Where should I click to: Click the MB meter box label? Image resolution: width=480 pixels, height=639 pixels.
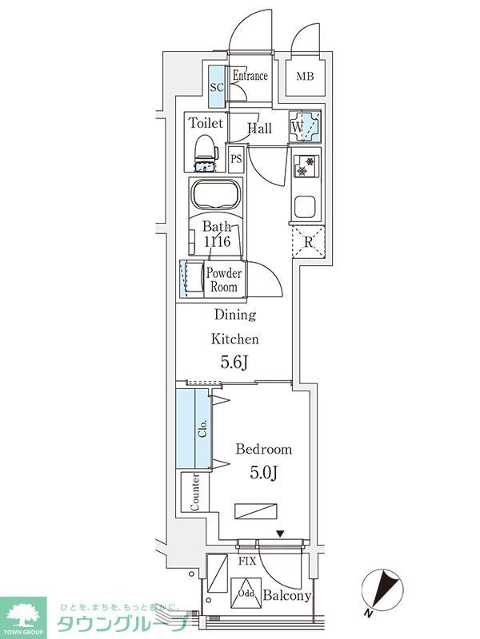point(305,76)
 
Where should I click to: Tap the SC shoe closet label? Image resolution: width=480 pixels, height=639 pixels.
point(217,87)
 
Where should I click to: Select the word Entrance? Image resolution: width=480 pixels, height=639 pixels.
point(250,75)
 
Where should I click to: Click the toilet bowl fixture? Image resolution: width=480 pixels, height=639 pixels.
point(206,153)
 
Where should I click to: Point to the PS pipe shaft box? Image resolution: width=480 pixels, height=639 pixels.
point(236,158)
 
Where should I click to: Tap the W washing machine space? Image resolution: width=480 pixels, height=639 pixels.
point(305,126)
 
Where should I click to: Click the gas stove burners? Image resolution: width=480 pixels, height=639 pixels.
point(306,166)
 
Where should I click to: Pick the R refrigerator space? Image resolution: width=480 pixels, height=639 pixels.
point(309,242)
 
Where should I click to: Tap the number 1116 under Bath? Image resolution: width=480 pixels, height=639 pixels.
point(217,241)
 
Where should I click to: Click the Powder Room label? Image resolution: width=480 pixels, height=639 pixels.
point(224,280)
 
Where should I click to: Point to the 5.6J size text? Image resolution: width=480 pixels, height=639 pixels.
point(234,362)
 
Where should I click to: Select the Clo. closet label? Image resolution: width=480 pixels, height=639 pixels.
point(203,428)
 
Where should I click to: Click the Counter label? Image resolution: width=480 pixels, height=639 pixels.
point(194,492)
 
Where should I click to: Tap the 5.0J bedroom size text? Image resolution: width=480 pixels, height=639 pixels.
point(264,472)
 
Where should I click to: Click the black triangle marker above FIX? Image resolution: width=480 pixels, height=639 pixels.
point(279,534)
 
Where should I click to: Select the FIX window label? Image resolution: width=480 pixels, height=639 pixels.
point(247,562)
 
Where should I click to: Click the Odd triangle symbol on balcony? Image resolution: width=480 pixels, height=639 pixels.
point(246,593)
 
